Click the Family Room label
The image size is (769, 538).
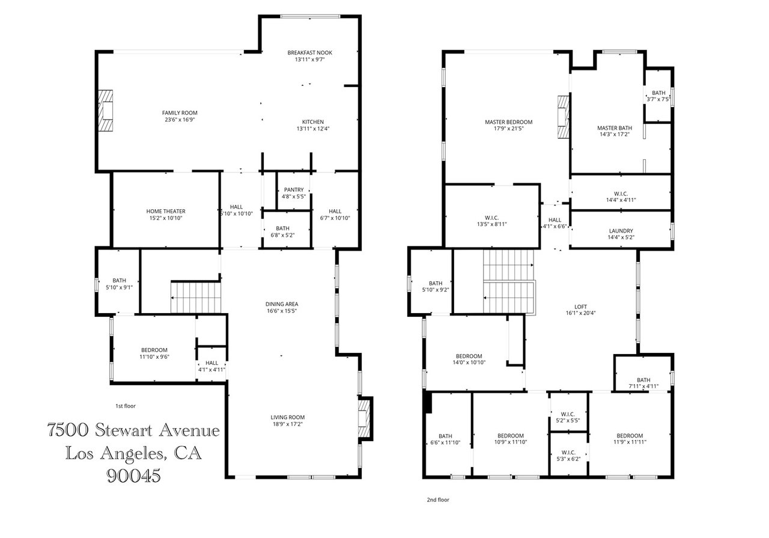180,112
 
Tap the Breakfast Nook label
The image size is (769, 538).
309,52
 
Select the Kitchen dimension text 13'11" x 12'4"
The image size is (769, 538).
313,129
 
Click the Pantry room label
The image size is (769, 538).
294,189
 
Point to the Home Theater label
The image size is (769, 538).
166,211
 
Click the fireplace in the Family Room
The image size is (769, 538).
106,111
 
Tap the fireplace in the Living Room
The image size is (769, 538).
363,419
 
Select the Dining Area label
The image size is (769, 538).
282,304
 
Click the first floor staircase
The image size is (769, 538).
196,297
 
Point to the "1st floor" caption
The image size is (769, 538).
126,406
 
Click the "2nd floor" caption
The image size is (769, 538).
438,500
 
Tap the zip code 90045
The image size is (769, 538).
133,476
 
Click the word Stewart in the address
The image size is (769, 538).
123,430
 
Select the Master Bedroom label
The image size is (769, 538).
509,122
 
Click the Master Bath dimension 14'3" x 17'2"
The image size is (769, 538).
615,134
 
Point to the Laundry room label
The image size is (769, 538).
621,231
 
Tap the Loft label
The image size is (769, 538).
580,307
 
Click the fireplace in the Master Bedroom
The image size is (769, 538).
564,117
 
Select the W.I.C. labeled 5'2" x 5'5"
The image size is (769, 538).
568,417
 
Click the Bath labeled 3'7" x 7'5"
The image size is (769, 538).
658,96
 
